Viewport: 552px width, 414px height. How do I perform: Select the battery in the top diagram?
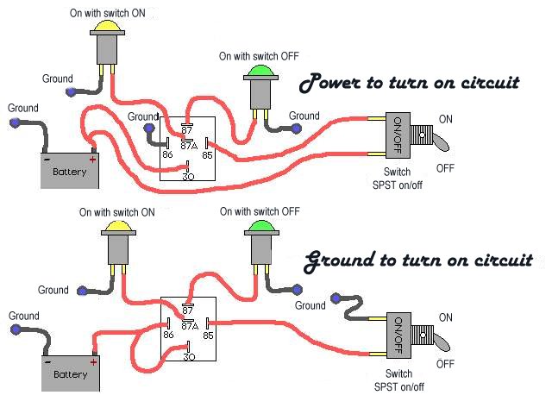[71, 171]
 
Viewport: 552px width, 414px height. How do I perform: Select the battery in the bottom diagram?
[71, 373]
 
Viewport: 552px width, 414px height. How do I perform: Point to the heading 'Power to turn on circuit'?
[409, 84]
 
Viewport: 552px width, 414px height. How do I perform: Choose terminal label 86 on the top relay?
[167, 155]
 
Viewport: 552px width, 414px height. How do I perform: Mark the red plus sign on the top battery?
[92, 159]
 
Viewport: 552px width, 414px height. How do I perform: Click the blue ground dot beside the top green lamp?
[296, 129]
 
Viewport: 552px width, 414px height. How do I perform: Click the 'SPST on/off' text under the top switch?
[398, 185]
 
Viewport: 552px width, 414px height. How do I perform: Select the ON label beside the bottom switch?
[445, 317]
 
